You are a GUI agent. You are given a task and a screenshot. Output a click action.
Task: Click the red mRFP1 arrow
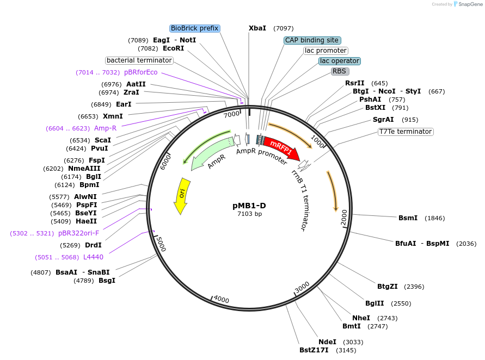pos(281,148)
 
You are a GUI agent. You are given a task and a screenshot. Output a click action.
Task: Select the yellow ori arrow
pos(181,195)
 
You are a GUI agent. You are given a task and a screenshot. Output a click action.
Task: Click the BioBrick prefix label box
pos(194,28)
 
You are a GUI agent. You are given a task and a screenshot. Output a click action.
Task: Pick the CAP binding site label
pos(312,40)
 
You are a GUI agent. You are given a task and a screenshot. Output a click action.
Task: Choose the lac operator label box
pos(340,61)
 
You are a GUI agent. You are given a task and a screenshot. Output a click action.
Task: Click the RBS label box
pos(340,71)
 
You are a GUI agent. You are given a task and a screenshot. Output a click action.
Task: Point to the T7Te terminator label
pos(406,132)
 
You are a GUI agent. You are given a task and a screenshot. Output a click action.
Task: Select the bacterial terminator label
pos(139,60)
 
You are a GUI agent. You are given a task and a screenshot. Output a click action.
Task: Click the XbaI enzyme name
pos(257,28)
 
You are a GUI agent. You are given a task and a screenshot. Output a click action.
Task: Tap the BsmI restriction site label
pos(408,218)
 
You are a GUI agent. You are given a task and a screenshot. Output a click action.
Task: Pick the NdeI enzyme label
pos(327,342)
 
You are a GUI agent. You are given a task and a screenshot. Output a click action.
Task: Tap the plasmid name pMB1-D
pos(249,206)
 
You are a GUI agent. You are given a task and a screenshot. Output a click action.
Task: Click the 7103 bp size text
pos(249,214)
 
